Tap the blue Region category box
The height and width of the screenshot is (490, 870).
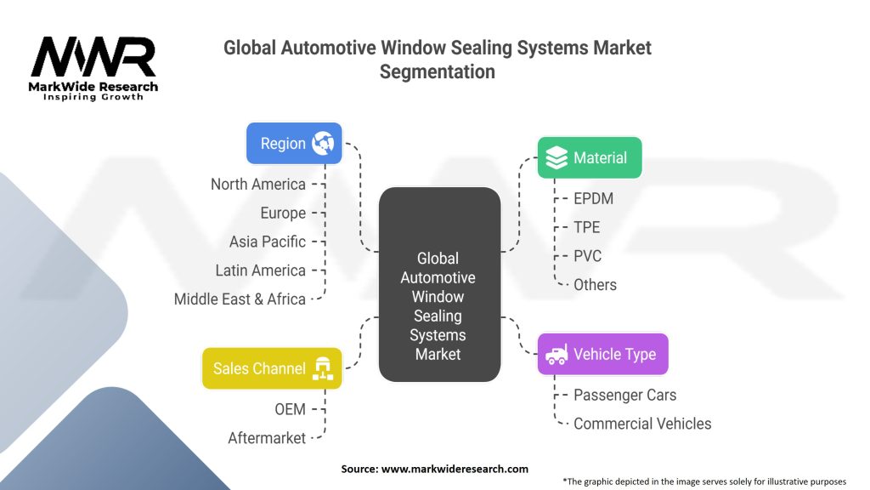pos(294,143)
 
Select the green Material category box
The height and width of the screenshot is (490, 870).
pos(589,157)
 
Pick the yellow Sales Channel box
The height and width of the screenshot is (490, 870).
pos(272,368)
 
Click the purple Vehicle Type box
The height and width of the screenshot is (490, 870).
pos(602,354)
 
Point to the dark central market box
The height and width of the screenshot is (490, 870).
pos(438,285)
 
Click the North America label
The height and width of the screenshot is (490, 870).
pos(257,184)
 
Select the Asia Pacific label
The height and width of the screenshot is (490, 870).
pos(267,242)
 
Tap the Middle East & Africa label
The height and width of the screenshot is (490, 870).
pos(240,299)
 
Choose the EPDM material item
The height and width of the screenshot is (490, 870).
pos(593,198)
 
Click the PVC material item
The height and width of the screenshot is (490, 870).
pos(588,255)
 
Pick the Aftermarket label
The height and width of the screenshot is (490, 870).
pos(267,438)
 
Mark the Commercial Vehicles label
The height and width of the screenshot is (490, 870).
pos(642,423)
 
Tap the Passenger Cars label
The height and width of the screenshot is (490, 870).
pos(624,395)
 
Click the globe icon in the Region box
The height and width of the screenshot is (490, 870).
pos(323,143)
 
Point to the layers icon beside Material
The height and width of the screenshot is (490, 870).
pos(556,157)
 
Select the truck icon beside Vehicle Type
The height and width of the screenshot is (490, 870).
pos(556,354)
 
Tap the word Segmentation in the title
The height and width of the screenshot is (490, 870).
pos(437,71)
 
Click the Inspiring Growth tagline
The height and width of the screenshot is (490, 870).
pos(93,97)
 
